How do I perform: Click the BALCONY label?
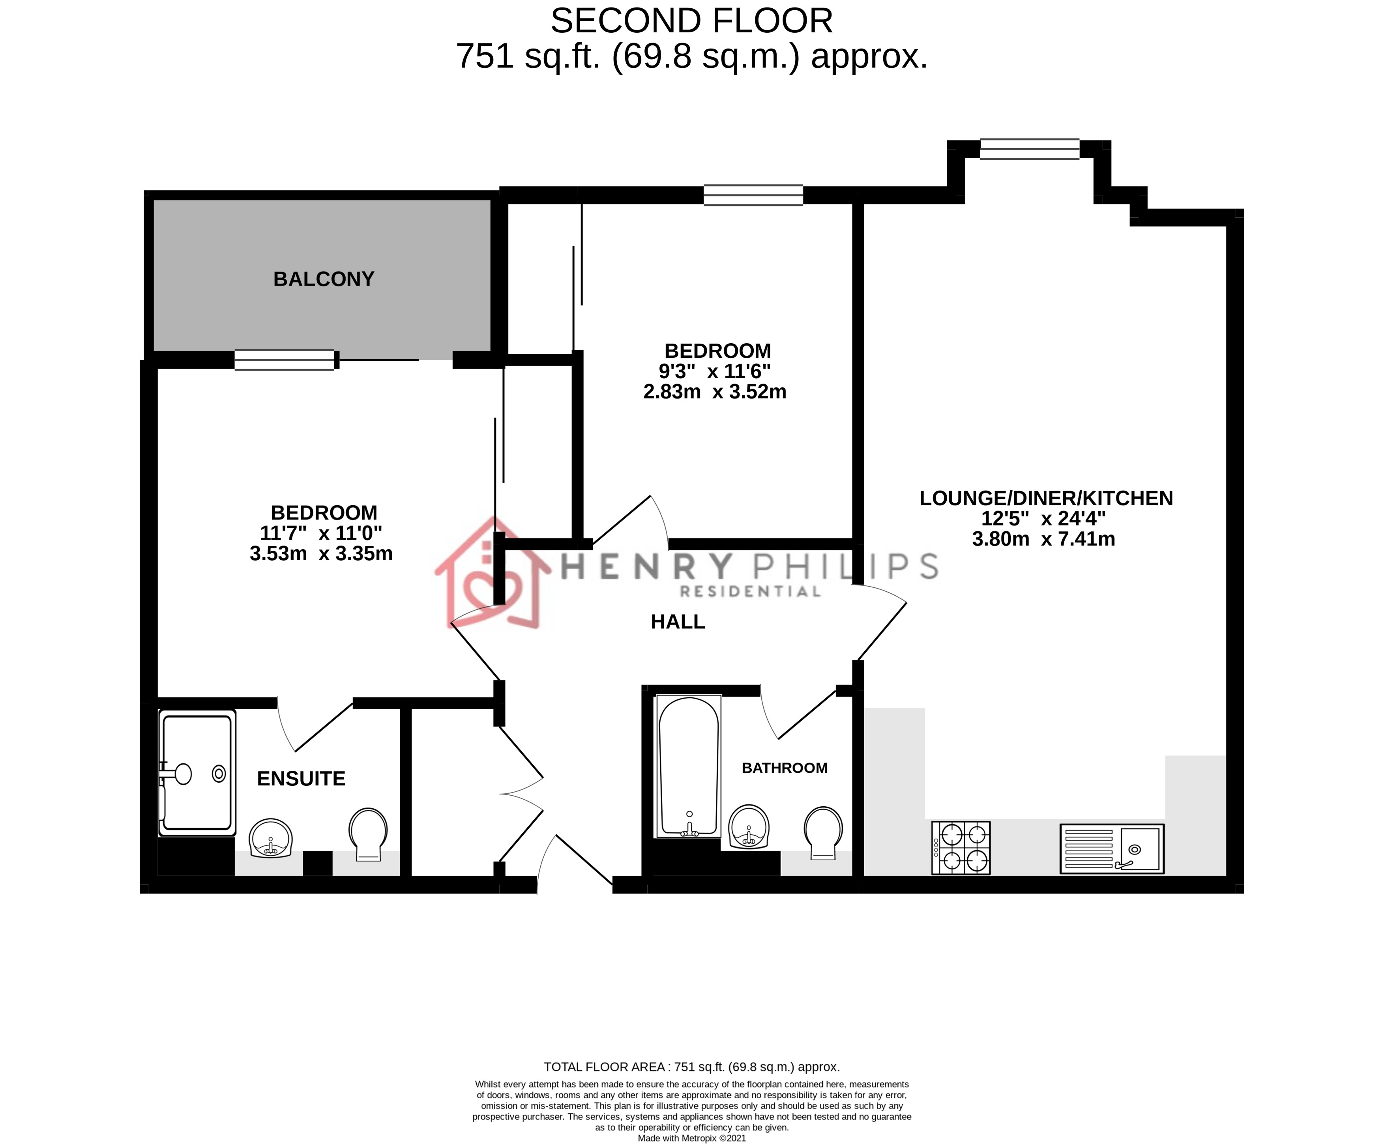[324, 279]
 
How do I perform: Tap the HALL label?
[678, 622]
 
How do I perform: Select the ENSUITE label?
[301, 778]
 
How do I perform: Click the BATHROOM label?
[784, 768]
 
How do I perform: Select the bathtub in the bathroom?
[689, 766]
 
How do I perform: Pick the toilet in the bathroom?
[823, 832]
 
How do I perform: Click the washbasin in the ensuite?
[271, 838]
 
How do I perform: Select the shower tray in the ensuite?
[197, 772]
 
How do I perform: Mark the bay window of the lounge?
[1030, 150]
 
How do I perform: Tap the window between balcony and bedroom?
[284, 360]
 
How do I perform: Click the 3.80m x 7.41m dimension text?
[1043, 539]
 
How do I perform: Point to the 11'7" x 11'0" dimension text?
[321, 533]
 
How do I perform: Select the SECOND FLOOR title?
[691, 21]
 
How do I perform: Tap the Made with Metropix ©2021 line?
[691, 1138]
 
